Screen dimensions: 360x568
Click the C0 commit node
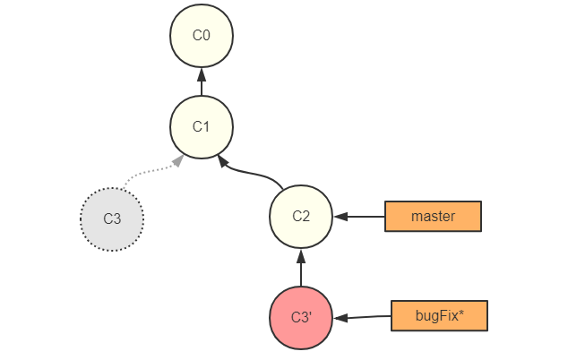(x=202, y=36)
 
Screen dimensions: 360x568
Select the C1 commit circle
(x=202, y=126)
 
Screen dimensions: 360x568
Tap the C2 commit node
(x=301, y=216)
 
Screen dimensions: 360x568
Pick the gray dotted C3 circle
(x=112, y=219)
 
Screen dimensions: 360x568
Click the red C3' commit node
(x=301, y=318)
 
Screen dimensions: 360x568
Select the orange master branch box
(x=433, y=217)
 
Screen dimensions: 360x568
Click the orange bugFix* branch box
(x=439, y=316)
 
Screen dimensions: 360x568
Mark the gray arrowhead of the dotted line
(x=178, y=160)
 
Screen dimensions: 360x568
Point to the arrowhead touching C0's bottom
(x=202, y=73)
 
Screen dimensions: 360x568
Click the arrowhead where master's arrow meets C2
(x=340, y=217)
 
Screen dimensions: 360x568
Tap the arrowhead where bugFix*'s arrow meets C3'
(x=340, y=318)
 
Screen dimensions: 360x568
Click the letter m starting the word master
(x=416, y=217)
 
